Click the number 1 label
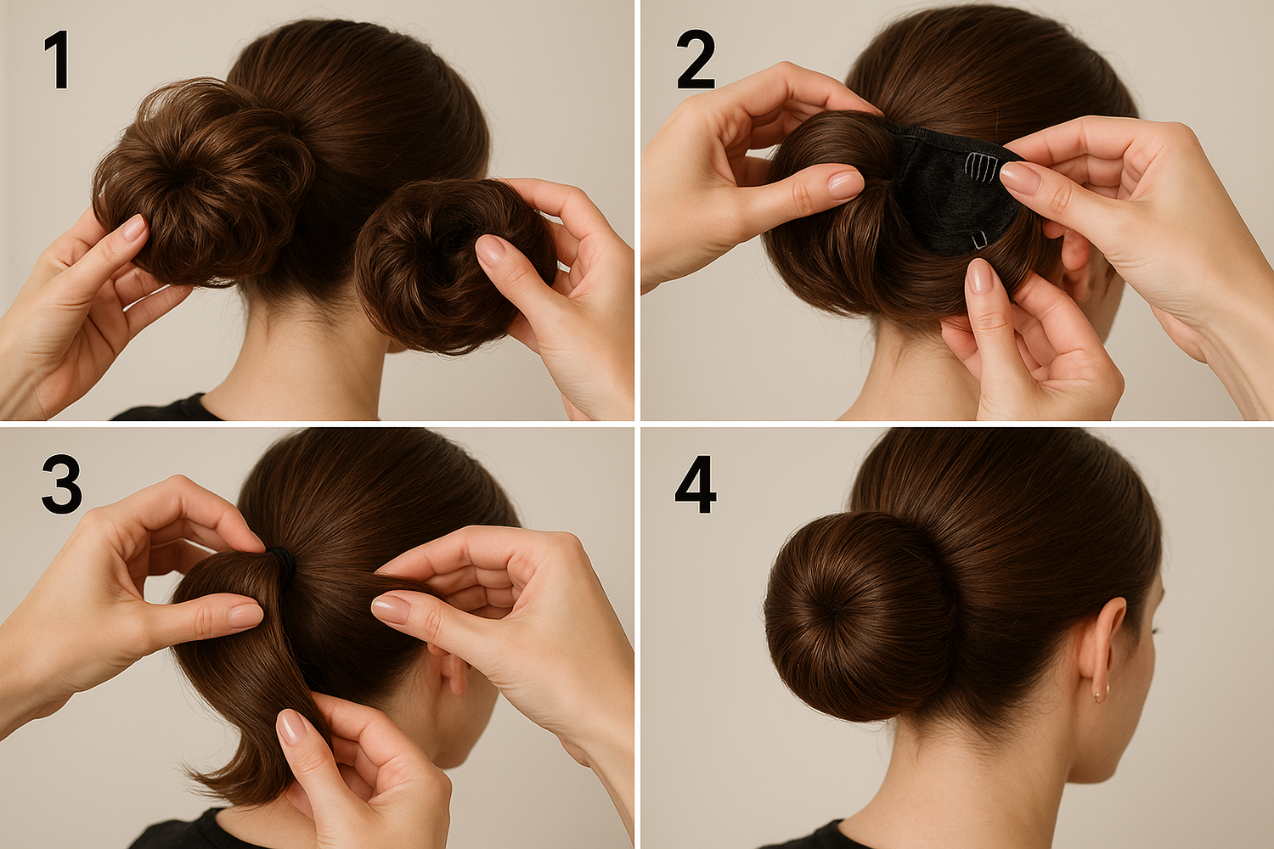point(58,59)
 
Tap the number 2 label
point(696,59)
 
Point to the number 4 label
point(696,484)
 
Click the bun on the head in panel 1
point(202,182)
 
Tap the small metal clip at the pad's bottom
point(979,240)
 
